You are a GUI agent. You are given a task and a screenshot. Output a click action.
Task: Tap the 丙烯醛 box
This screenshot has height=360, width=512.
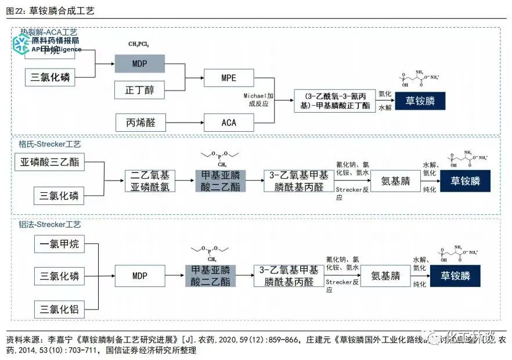[x=140, y=123]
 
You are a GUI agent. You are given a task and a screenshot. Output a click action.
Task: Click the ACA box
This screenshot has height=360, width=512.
[x=229, y=123]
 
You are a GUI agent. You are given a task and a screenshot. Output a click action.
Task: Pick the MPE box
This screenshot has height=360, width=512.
[x=229, y=78]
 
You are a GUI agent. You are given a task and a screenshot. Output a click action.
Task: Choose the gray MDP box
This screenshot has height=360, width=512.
[x=139, y=63]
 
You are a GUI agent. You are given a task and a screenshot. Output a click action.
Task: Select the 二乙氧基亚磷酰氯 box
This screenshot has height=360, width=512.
[x=149, y=181]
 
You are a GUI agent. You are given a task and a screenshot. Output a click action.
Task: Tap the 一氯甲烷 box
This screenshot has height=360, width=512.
[x=59, y=244]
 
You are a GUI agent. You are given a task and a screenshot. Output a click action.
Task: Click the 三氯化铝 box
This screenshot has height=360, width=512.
[x=59, y=308]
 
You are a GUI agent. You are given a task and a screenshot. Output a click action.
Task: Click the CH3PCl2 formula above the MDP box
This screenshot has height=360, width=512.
[x=139, y=44]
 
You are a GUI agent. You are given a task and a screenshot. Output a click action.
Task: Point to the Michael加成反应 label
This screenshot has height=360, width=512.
[x=258, y=99]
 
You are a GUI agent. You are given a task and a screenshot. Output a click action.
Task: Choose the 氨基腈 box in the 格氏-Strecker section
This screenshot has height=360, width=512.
[x=394, y=181]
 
